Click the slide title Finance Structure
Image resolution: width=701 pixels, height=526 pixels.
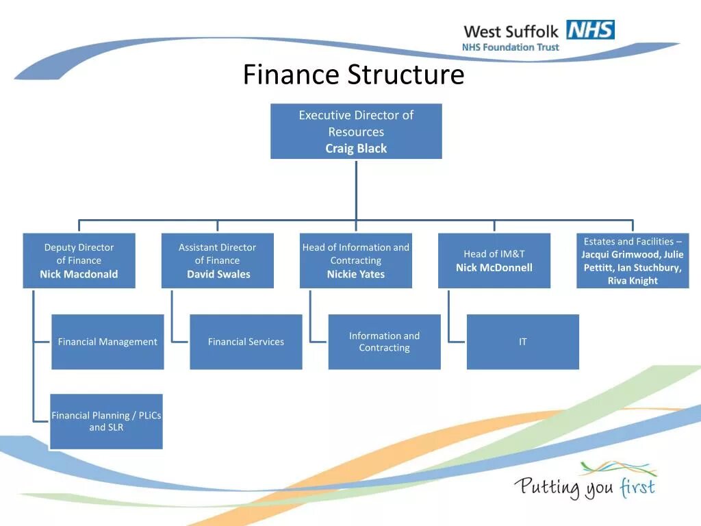tap(353, 75)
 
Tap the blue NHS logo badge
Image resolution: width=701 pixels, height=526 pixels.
tap(590, 30)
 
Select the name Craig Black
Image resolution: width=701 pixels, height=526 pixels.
tap(356, 149)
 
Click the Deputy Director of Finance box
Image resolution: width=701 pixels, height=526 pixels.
tap(79, 260)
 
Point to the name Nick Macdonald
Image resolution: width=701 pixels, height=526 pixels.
tap(79, 274)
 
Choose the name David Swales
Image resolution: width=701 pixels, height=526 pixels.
tap(218, 274)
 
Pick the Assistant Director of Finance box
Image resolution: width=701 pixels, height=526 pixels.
tap(218, 260)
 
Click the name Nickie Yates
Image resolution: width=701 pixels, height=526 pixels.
tap(356, 274)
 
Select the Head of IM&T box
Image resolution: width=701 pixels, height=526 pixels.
tap(494, 260)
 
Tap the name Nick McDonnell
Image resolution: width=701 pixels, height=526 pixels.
tap(494, 268)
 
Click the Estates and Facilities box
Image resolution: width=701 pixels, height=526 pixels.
tap(633, 260)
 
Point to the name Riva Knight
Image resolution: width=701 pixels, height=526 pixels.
tap(633, 281)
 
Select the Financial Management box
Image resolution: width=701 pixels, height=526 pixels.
tap(107, 342)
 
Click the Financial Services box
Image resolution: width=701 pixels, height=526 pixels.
tap(246, 342)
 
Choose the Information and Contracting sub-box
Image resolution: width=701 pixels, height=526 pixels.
tap(384, 342)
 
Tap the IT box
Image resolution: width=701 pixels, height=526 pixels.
tap(523, 342)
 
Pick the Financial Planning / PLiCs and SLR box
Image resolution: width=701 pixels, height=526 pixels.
tap(106, 421)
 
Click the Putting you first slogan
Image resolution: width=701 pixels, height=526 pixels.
tap(585, 486)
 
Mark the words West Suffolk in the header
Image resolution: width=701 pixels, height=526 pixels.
tap(511, 32)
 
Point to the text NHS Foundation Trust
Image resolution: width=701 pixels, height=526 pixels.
tap(510, 48)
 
